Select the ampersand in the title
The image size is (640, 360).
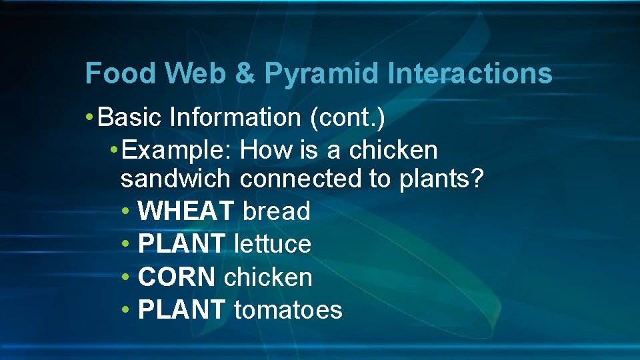(245, 73)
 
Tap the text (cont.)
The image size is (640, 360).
(347, 118)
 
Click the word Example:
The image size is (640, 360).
(178, 151)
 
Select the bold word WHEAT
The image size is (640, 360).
(186, 211)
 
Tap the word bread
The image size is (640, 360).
(277, 211)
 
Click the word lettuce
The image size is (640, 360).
(273, 244)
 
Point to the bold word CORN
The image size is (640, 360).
(177, 277)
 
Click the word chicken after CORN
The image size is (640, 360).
(268, 277)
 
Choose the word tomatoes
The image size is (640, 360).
(288, 310)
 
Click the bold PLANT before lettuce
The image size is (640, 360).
(181, 244)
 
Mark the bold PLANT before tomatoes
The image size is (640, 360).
(181, 310)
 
